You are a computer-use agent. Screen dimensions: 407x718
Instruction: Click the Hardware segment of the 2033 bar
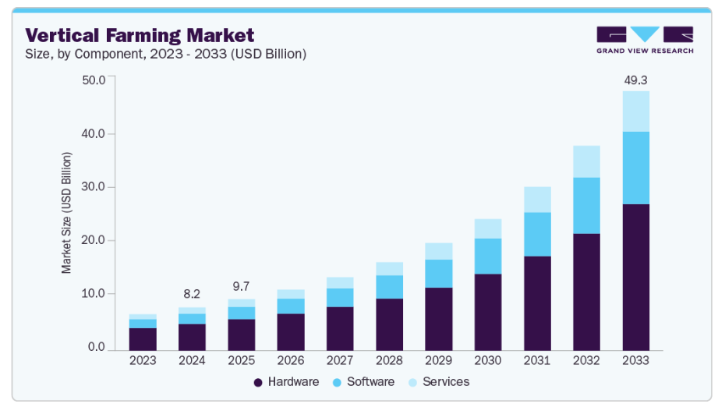click(x=635, y=277)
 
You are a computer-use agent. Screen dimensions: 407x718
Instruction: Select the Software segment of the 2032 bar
click(x=586, y=205)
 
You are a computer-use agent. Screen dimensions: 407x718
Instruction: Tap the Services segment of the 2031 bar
click(x=537, y=200)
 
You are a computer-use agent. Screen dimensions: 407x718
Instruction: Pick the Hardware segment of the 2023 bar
click(x=143, y=339)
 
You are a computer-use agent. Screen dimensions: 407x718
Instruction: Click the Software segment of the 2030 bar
click(x=488, y=256)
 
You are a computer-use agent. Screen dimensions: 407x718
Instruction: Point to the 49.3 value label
click(x=635, y=80)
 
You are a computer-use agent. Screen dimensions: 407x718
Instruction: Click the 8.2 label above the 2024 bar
click(x=192, y=294)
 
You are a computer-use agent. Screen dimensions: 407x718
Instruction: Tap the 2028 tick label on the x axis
click(x=389, y=361)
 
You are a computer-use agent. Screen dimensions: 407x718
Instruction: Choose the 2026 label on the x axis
click(x=290, y=361)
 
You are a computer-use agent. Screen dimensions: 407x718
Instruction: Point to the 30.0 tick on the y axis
click(x=94, y=187)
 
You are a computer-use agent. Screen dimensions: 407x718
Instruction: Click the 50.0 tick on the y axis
click(x=94, y=80)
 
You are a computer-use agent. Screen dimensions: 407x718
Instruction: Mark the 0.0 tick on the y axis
click(x=97, y=347)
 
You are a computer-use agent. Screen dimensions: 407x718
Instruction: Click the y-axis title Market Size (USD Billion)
click(x=67, y=213)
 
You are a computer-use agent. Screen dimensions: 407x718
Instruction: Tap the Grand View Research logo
click(x=644, y=40)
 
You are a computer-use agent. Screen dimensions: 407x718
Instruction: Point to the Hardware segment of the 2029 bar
click(x=438, y=319)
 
